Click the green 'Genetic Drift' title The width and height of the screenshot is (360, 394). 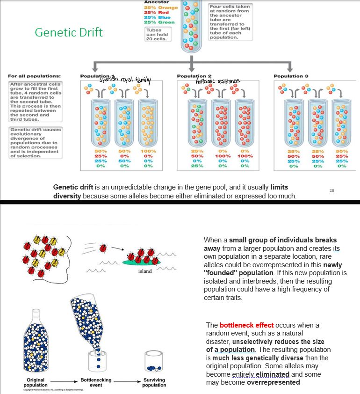tap(69, 33)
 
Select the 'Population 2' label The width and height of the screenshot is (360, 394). tap(194, 76)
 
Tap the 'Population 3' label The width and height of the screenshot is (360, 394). tap(291, 76)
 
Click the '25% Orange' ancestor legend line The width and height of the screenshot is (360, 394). tap(161, 7)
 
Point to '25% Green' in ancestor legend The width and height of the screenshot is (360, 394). tap(159, 22)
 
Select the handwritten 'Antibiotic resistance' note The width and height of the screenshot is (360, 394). tap(218, 81)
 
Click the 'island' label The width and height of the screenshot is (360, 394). tap(144, 272)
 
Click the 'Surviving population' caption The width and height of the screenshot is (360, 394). tap(154, 382)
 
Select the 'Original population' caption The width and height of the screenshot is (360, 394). tap(36, 382)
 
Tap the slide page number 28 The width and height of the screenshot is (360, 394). tap(332, 190)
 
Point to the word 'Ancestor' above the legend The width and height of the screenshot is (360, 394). tap(156, 2)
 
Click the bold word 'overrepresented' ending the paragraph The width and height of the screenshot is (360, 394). tap(274, 382)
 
